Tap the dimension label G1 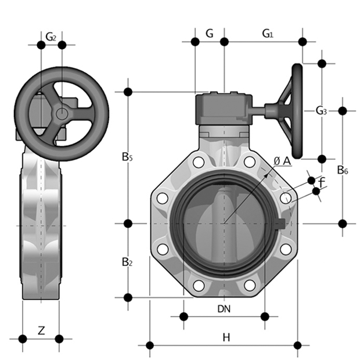[267, 34]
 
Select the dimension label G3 [321, 110]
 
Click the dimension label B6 [343, 170]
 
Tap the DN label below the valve [224, 309]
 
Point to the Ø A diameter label [282, 161]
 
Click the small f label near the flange [322, 185]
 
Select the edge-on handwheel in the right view [298, 110]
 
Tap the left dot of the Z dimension [23, 339]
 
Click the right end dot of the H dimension [298, 345]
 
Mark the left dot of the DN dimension [183, 316]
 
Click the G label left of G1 [210, 34]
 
